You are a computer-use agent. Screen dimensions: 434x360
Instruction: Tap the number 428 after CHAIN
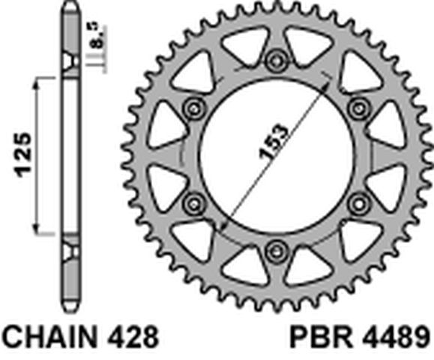(133, 337)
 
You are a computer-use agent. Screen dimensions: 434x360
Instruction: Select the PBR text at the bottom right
(322, 337)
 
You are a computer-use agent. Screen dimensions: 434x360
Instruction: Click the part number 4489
(396, 337)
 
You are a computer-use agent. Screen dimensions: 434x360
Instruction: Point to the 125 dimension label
(22, 155)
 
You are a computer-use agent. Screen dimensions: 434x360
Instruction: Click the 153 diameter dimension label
(274, 142)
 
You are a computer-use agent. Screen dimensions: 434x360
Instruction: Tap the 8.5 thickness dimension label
(98, 36)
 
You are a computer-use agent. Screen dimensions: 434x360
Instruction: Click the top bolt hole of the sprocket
(276, 60)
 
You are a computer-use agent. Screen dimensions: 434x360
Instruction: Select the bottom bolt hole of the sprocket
(276, 252)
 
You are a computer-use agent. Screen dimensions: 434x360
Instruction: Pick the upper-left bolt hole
(194, 108)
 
